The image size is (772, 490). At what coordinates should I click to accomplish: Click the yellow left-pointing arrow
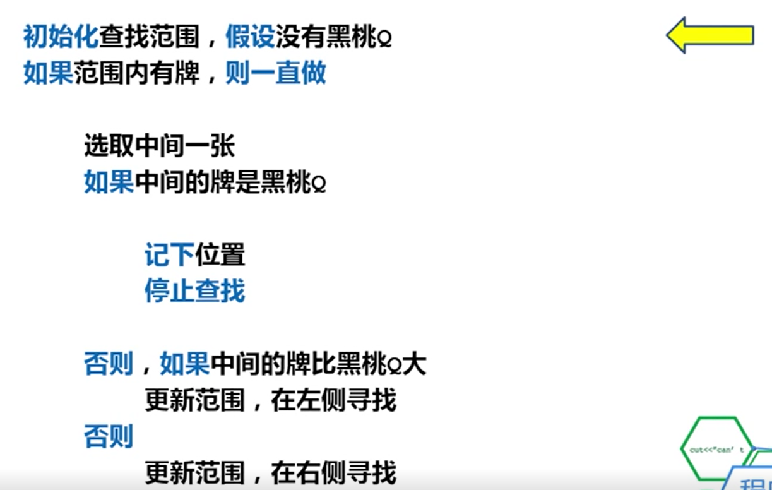pyautogui.click(x=710, y=35)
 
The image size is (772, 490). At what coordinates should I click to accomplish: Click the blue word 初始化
pyautogui.click(x=61, y=37)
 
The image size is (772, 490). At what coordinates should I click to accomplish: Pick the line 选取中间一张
pyautogui.click(x=159, y=146)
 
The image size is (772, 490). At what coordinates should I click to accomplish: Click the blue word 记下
pyautogui.click(x=169, y=255)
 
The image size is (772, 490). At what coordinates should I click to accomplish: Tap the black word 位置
pyautogui.click(x=220, y=255)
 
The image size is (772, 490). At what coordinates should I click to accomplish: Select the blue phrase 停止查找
pyautogui.click(x=194, y=292)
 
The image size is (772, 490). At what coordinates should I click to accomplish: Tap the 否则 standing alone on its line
pyautogui.click(x=109, y=436)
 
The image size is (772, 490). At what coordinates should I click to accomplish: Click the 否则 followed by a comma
pyautogui.click(x=109, y=364)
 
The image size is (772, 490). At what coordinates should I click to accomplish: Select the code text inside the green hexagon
pyautogui.click(x=716, y=450)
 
